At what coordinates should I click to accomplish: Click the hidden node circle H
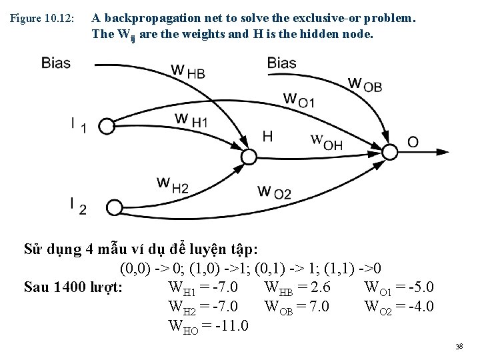pos(248,157)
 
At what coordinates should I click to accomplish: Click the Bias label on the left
pos(56,63)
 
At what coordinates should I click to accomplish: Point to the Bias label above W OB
pos(282,63)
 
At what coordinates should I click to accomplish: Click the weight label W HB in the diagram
pos(187,71)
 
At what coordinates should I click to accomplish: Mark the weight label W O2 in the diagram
pos(274,192)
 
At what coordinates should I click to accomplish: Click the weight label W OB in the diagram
pos(365,85)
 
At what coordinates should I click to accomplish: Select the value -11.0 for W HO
pos(227,327)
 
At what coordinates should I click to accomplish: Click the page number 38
pos(459,347)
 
